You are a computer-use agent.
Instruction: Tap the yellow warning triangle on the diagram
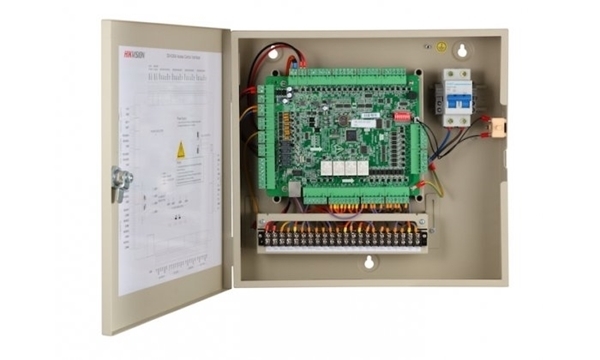pyautogui.click(x=181, y=150)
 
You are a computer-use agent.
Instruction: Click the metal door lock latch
pyautogui.click(x=122, y=182)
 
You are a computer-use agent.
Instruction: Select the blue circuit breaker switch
pyautogui.click(x=458, y=97)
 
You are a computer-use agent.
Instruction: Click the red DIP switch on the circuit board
pyautogui.click(x=403, y=116)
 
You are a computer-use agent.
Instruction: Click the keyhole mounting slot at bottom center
pyautogui.click(x=369, y=265)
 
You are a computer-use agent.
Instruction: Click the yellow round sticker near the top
pyautogui.click(x=441, y=46)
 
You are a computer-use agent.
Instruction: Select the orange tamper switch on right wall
pyautogui.click(x=491, y=129)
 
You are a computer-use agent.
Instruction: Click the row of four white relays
pyautogui.click(x=345, y=167)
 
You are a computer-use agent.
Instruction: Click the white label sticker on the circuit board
pyautogui.click(x=367, y=117)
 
